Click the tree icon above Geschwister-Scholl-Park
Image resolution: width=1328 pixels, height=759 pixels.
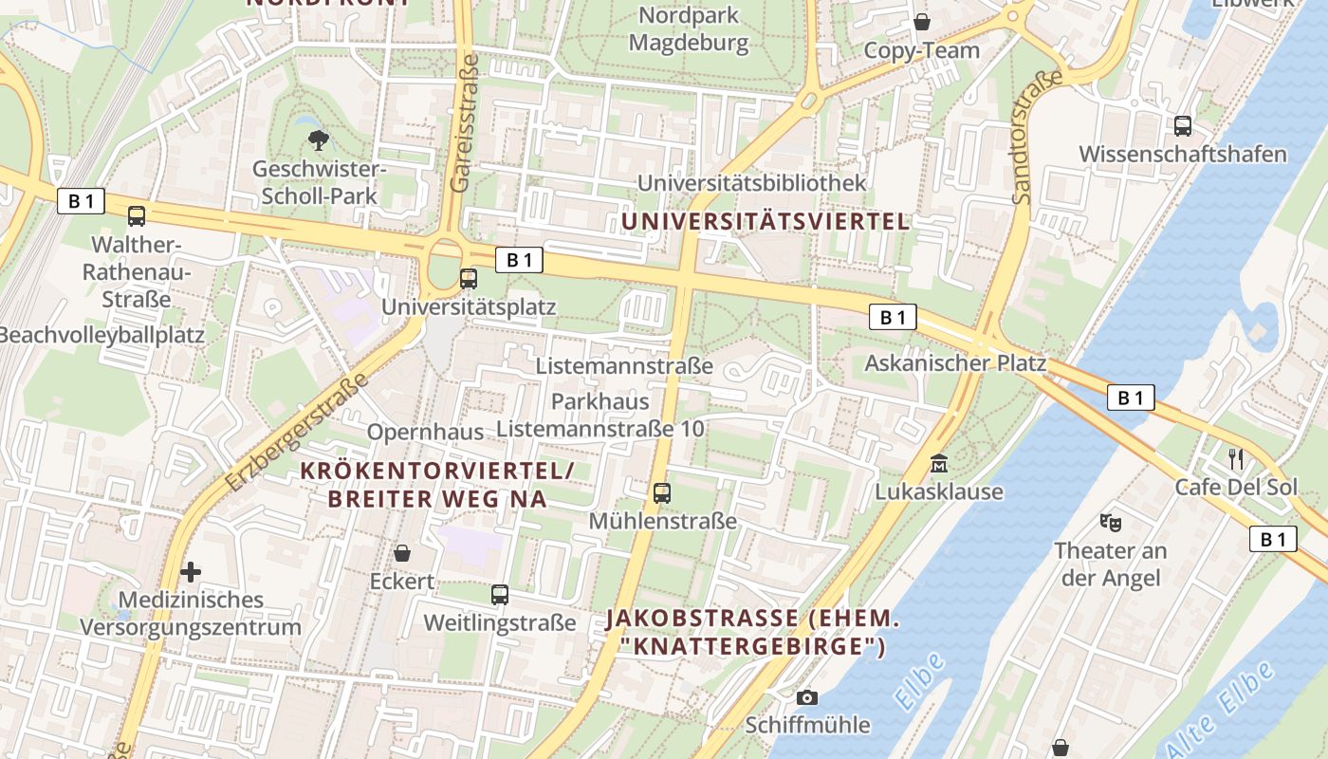(318, 140)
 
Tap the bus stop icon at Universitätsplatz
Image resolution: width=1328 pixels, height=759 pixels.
(469, 279)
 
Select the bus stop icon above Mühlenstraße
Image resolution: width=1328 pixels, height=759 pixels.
(662, 493)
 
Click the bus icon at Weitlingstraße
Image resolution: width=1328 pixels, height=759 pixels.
(500, 595)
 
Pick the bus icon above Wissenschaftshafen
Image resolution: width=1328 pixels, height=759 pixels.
(1183, 125)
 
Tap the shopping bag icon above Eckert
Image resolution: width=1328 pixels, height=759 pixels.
(402, 553)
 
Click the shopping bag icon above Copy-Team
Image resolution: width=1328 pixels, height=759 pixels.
(921, 22)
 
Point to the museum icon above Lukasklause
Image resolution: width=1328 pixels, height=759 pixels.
(939, 464)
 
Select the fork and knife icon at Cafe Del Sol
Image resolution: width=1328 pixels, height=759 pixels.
(1235, 459)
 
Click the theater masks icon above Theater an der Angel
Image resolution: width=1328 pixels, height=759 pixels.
(1110, 522)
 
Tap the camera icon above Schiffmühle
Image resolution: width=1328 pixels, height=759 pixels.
(807, 697)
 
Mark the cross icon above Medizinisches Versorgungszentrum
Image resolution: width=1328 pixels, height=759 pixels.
(191, 572)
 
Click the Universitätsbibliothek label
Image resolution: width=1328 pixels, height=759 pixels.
(752, 182)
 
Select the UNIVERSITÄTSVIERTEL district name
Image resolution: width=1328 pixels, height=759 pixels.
(765, 221)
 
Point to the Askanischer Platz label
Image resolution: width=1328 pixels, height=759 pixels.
(955, 363)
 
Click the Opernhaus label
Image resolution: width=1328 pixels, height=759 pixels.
(425, 432)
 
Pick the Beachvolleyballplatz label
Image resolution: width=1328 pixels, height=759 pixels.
(101, 335)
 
